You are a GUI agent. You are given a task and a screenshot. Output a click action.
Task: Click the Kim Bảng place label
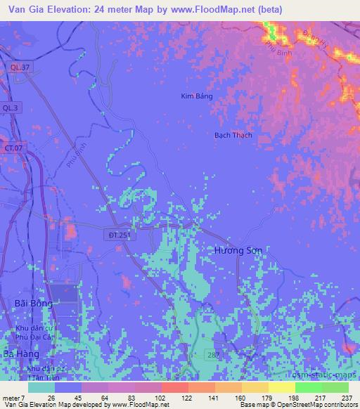click(x=196, y=96)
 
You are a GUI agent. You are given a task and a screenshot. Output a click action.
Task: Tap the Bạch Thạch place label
click(x=233, y=135)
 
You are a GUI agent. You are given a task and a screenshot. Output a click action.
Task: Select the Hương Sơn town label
click(x=238, y=250)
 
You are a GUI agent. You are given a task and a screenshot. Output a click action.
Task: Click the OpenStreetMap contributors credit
click(x=316, y=405)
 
